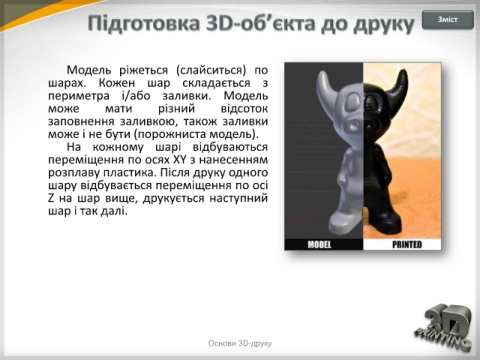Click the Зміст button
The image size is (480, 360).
coord(448,20)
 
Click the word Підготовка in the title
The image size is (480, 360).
coord(144,23)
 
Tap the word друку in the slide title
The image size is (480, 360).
coord(384,24)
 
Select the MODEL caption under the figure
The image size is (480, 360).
coord(319,245)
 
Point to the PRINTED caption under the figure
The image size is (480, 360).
coord(407,245)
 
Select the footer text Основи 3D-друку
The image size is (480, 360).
coord(240,343)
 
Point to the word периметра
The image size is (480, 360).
coord(79,96)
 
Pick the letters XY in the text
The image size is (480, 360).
coord(180,160)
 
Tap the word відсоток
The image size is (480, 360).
coord(244,109)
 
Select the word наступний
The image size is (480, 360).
coord(239,198)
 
